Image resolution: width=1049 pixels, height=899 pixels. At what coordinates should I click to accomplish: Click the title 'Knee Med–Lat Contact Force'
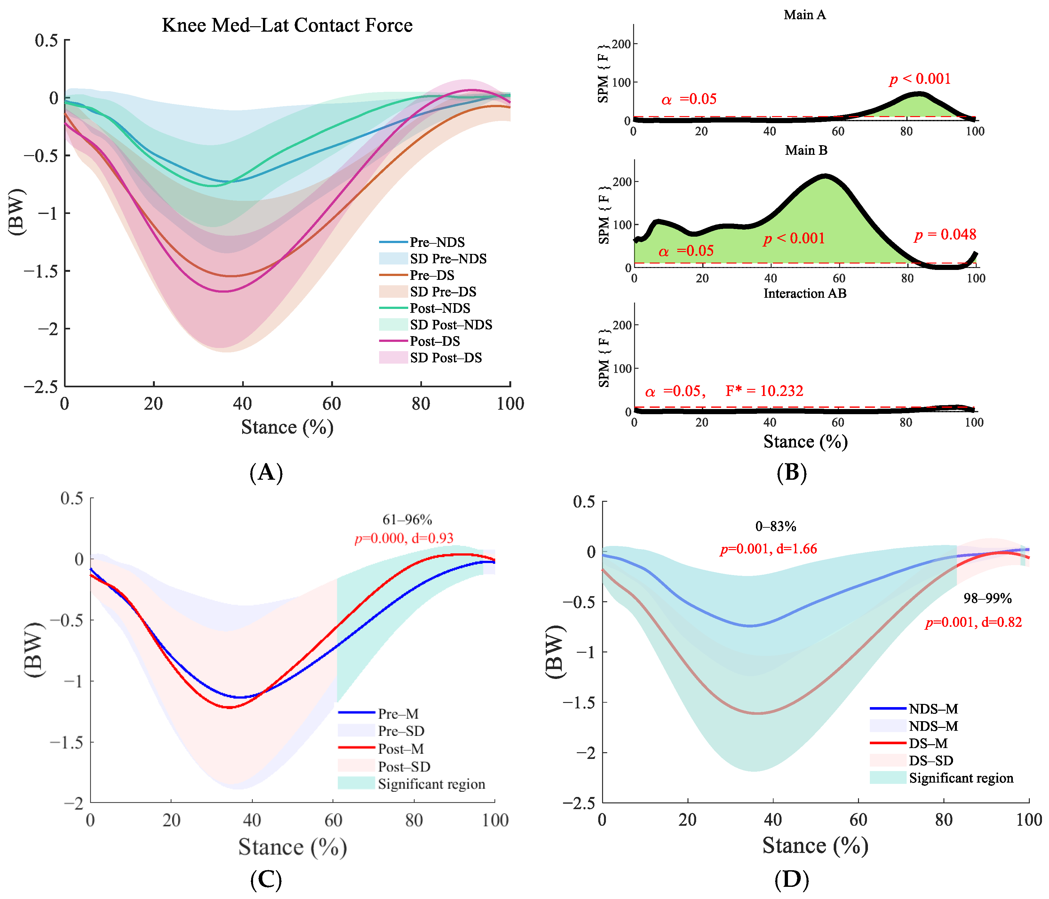[287, 25]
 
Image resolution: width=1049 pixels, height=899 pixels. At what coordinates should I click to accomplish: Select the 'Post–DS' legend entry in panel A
[434, 341]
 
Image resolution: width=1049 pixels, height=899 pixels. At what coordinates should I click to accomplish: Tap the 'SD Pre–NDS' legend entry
[448, 259]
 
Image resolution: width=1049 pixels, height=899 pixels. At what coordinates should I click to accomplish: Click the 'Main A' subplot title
[805, 15]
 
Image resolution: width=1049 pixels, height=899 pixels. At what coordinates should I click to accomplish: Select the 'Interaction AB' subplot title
[805, 294]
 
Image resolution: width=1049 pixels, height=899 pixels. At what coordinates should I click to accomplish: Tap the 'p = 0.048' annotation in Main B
[945, 234]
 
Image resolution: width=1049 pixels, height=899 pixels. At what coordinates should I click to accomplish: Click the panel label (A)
[266, 472]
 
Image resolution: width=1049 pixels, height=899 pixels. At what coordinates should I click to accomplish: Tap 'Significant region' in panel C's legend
[431, 784]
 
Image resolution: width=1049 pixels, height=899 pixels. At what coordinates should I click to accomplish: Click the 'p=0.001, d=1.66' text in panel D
[768, 549]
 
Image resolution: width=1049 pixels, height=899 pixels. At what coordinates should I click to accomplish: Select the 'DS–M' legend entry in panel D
[928, 744]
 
